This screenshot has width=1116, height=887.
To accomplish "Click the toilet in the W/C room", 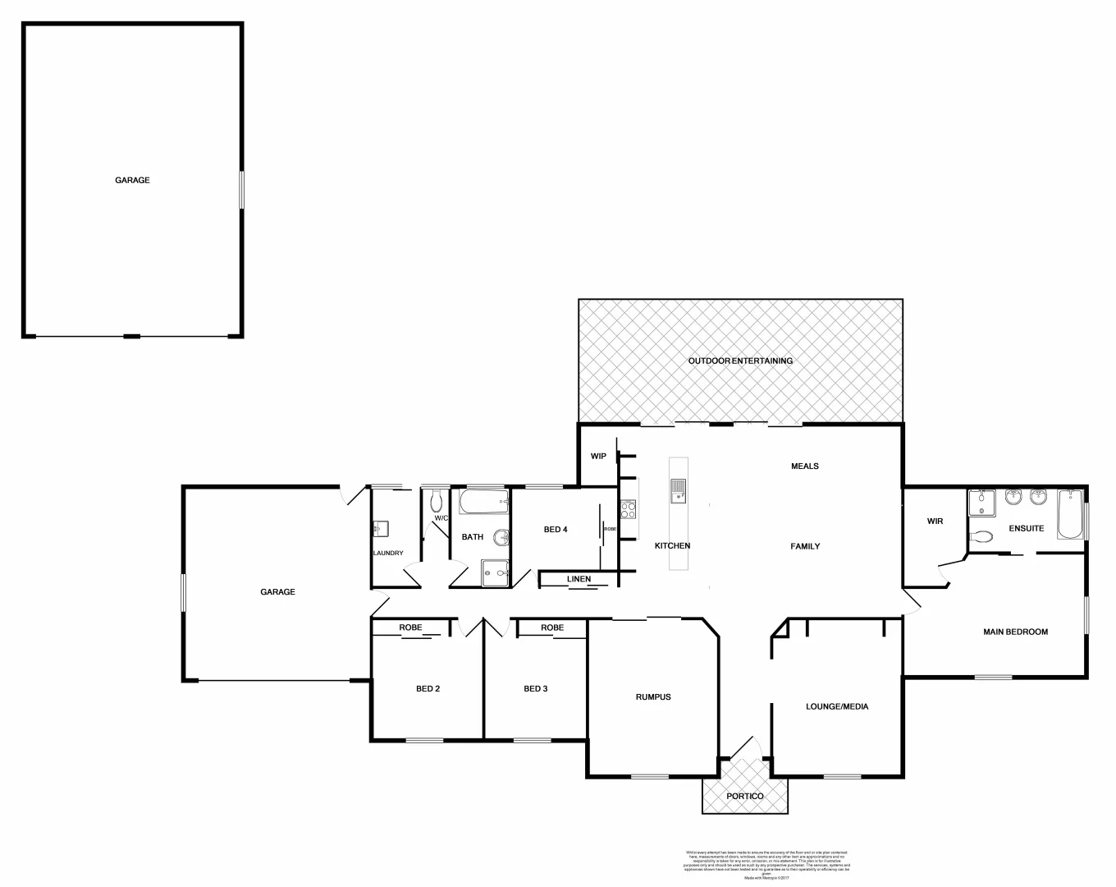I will point(437,500).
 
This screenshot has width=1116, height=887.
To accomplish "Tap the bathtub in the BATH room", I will point(483,501).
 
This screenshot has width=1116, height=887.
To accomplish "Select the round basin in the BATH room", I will point(501,537).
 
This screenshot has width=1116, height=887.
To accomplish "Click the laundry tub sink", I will point(381,527).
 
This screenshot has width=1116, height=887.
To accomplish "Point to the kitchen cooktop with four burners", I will point(629,509).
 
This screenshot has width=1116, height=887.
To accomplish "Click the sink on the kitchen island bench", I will point(678,491).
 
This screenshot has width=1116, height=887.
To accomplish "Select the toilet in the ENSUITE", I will point(981,537).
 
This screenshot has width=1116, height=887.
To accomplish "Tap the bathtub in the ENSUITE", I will point(1069,515).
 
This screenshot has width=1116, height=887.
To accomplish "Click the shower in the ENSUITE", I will point(981,502).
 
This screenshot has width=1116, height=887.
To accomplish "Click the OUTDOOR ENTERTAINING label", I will point(740,361).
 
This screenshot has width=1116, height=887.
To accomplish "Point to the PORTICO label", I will point(745,796).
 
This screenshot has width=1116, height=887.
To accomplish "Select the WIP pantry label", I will point(598,456).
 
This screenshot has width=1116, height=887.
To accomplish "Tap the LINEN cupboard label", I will point(579,579).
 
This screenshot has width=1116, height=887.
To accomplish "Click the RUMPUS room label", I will point(653,696).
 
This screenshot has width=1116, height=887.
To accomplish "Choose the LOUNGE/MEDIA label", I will point(837,706).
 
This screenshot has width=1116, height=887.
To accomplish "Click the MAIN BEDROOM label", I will point(1016,632).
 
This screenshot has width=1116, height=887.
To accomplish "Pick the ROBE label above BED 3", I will point(552,627).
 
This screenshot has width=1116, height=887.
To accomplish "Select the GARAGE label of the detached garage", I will point(132,180).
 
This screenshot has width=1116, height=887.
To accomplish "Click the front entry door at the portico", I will point(743,747).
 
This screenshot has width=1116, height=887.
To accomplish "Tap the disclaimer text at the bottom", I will point(766,865).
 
